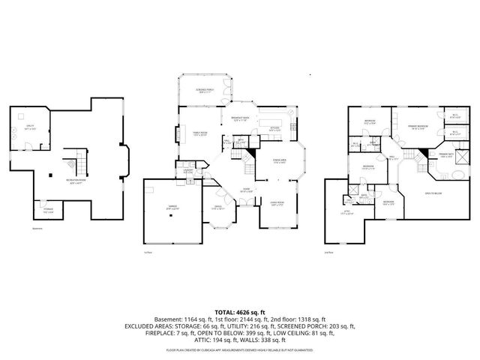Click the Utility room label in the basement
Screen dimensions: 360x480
30,128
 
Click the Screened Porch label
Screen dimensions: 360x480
202,91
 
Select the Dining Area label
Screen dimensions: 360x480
280,161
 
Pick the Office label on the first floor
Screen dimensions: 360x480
218,207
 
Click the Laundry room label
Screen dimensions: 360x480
188,170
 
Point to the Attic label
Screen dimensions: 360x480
347,212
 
